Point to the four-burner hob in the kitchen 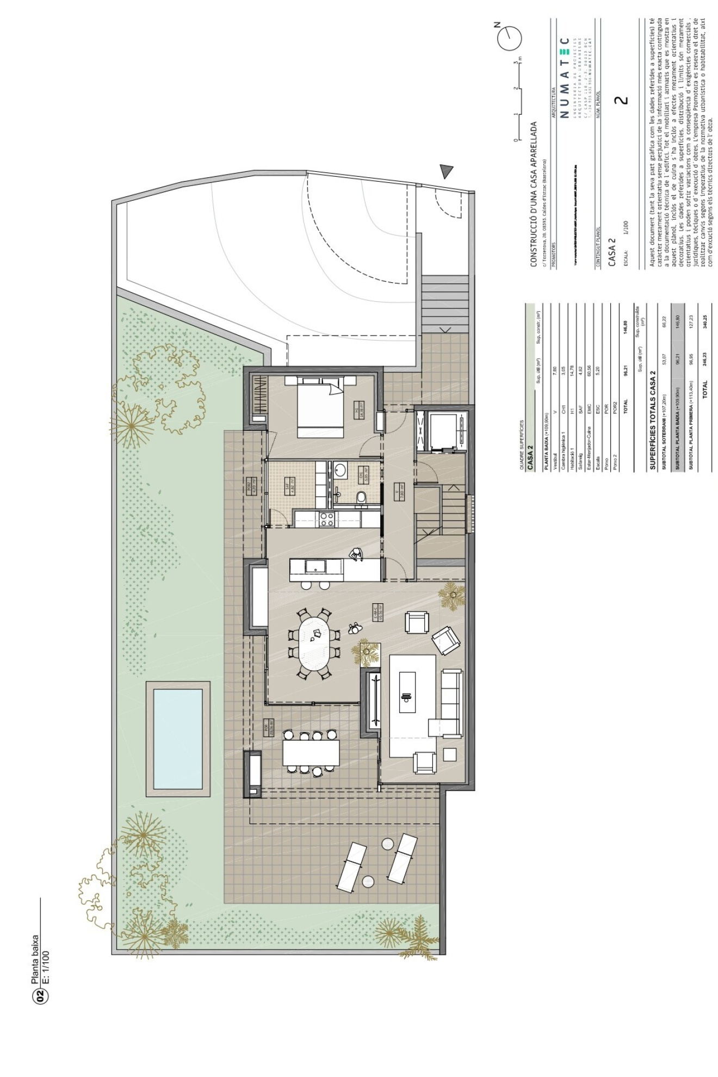tap(327, 519)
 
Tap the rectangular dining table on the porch tap(311, 753)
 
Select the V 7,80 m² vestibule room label tap(399, 491)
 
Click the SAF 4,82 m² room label tap(290, 485)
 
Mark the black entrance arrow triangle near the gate tap(447, 172)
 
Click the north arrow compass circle tap(510, 37)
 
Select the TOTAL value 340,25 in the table tap(704, 322)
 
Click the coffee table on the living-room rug tap(407, 692)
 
